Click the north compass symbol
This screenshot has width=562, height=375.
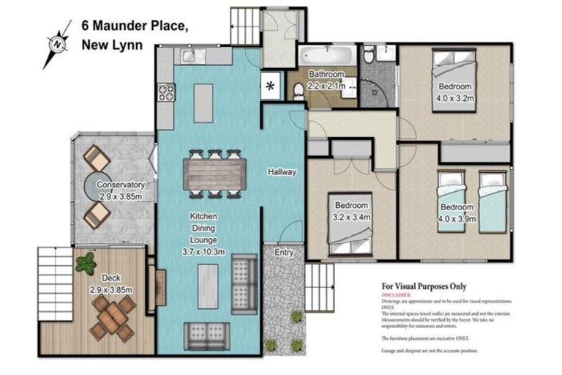[x=56, y=43]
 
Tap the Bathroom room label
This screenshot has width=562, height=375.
[x=326, y=74]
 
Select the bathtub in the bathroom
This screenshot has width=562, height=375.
[x=326, y=55]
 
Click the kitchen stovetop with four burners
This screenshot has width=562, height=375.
[x=166, y=92]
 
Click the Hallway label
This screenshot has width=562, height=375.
[x=282, y=172]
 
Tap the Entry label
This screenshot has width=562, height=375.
[x=284, y=252]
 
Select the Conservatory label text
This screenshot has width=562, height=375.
[x=121, y=185]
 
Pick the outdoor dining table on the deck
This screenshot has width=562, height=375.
[x=113, y=316]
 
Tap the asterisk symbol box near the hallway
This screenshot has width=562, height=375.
[x=271, y=86]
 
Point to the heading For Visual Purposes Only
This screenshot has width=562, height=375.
[x=424, y=286]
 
